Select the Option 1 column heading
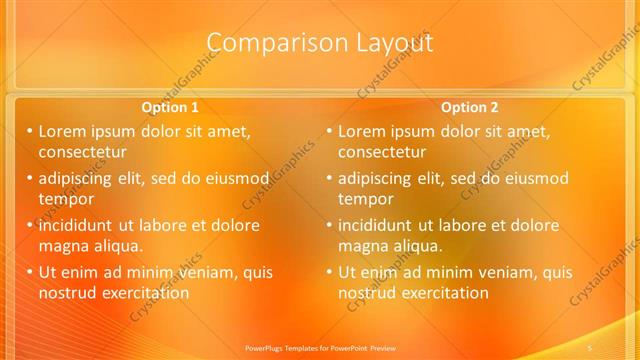pyautogui.click(x=170, y=107)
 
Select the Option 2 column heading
pyautogui.click(x=469, y=107)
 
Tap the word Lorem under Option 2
pyautogui.click(x=363, y=131)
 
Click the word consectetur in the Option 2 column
pyautogui.click(x=381, y=152)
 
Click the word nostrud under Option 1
pyautogui.click(x=67, y=293)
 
